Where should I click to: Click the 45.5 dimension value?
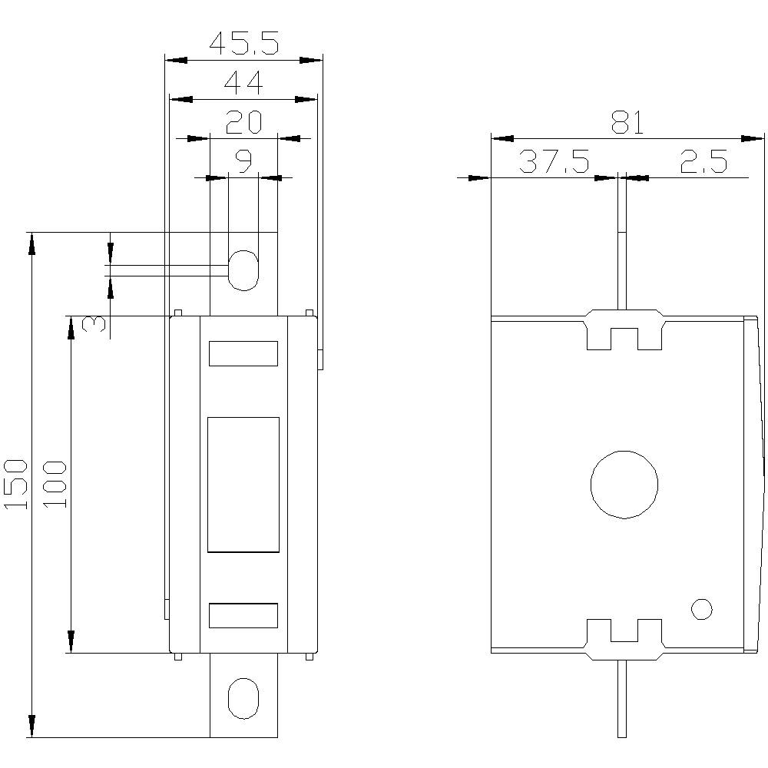point(244,45)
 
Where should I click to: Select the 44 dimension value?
point(243,83)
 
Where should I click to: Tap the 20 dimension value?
point(243,122)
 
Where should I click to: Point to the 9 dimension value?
point(243,161)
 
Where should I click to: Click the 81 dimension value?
point(627,122)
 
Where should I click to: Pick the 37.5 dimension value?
point(554,162)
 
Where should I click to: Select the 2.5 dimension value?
point(703,162)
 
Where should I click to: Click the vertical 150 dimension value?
point(18,484)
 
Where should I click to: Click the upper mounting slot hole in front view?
point(243,270)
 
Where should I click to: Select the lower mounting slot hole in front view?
point(243,698)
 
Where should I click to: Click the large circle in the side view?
point(624,484)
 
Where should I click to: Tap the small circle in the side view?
point(701,609)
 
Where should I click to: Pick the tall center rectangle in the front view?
point(243,485)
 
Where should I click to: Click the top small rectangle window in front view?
point(243,353)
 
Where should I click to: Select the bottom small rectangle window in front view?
point(243,616)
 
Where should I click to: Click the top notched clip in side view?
point(624,329)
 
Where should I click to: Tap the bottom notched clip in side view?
point(624,639)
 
